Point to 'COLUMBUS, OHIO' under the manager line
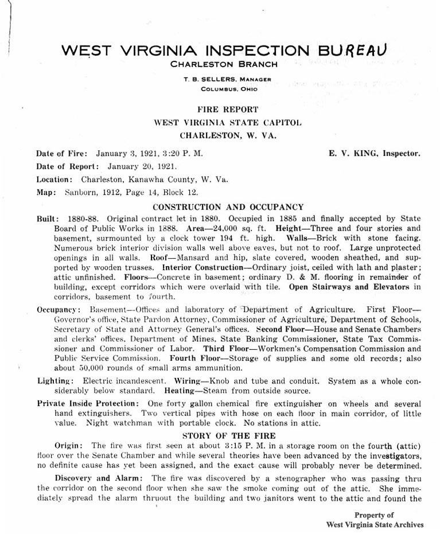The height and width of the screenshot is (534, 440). click(x=229, y=89)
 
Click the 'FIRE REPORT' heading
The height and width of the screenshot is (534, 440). click(x=228, y=109)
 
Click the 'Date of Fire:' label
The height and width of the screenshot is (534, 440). click(x=62, y=154)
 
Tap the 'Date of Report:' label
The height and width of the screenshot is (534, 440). click(x=68, y=166)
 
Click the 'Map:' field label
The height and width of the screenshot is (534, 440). click(x=45, y=192)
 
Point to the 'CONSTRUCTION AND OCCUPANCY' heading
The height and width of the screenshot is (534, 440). click(x=228, y=207)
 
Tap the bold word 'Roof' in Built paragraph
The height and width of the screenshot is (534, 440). click(x=158, y=258)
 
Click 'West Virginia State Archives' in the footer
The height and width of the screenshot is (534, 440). click(x=375, y=524)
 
